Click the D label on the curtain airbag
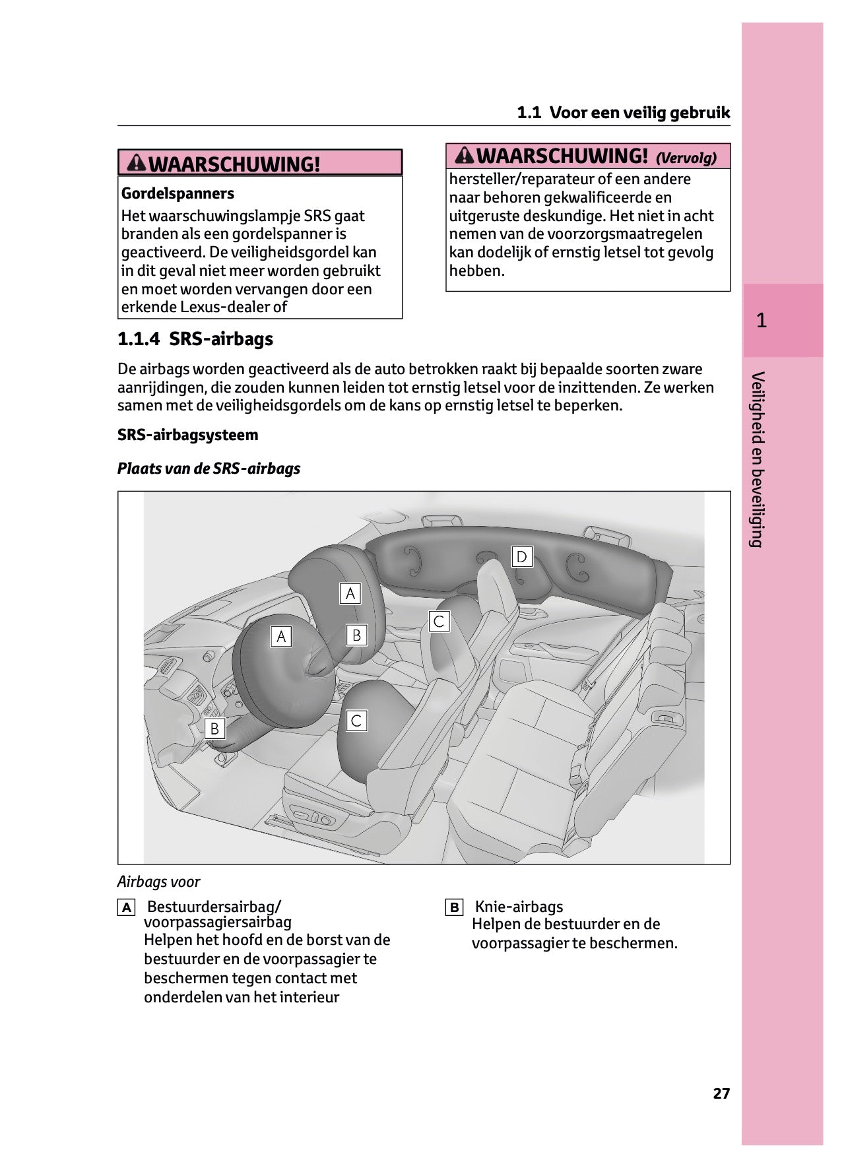point(521,556)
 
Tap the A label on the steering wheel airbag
point(281,636)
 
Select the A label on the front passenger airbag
point(350,593)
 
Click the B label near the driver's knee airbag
point(214,729)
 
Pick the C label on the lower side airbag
point(356,721)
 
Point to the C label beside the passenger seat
point(439,622)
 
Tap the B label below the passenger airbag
point(356,635)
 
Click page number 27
point(721,1094)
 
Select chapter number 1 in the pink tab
point(762,321)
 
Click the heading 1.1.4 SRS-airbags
point(195,339)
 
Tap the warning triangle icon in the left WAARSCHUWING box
point(137,162)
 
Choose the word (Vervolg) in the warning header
point(686,158)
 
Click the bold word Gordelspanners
point(178,193)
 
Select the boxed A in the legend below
point(126,907)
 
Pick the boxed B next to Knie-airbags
point(454,907)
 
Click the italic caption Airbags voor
point(158,882)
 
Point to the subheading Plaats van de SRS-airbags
point(209,469)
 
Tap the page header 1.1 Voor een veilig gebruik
point(623,112)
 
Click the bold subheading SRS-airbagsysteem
point(187,435)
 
